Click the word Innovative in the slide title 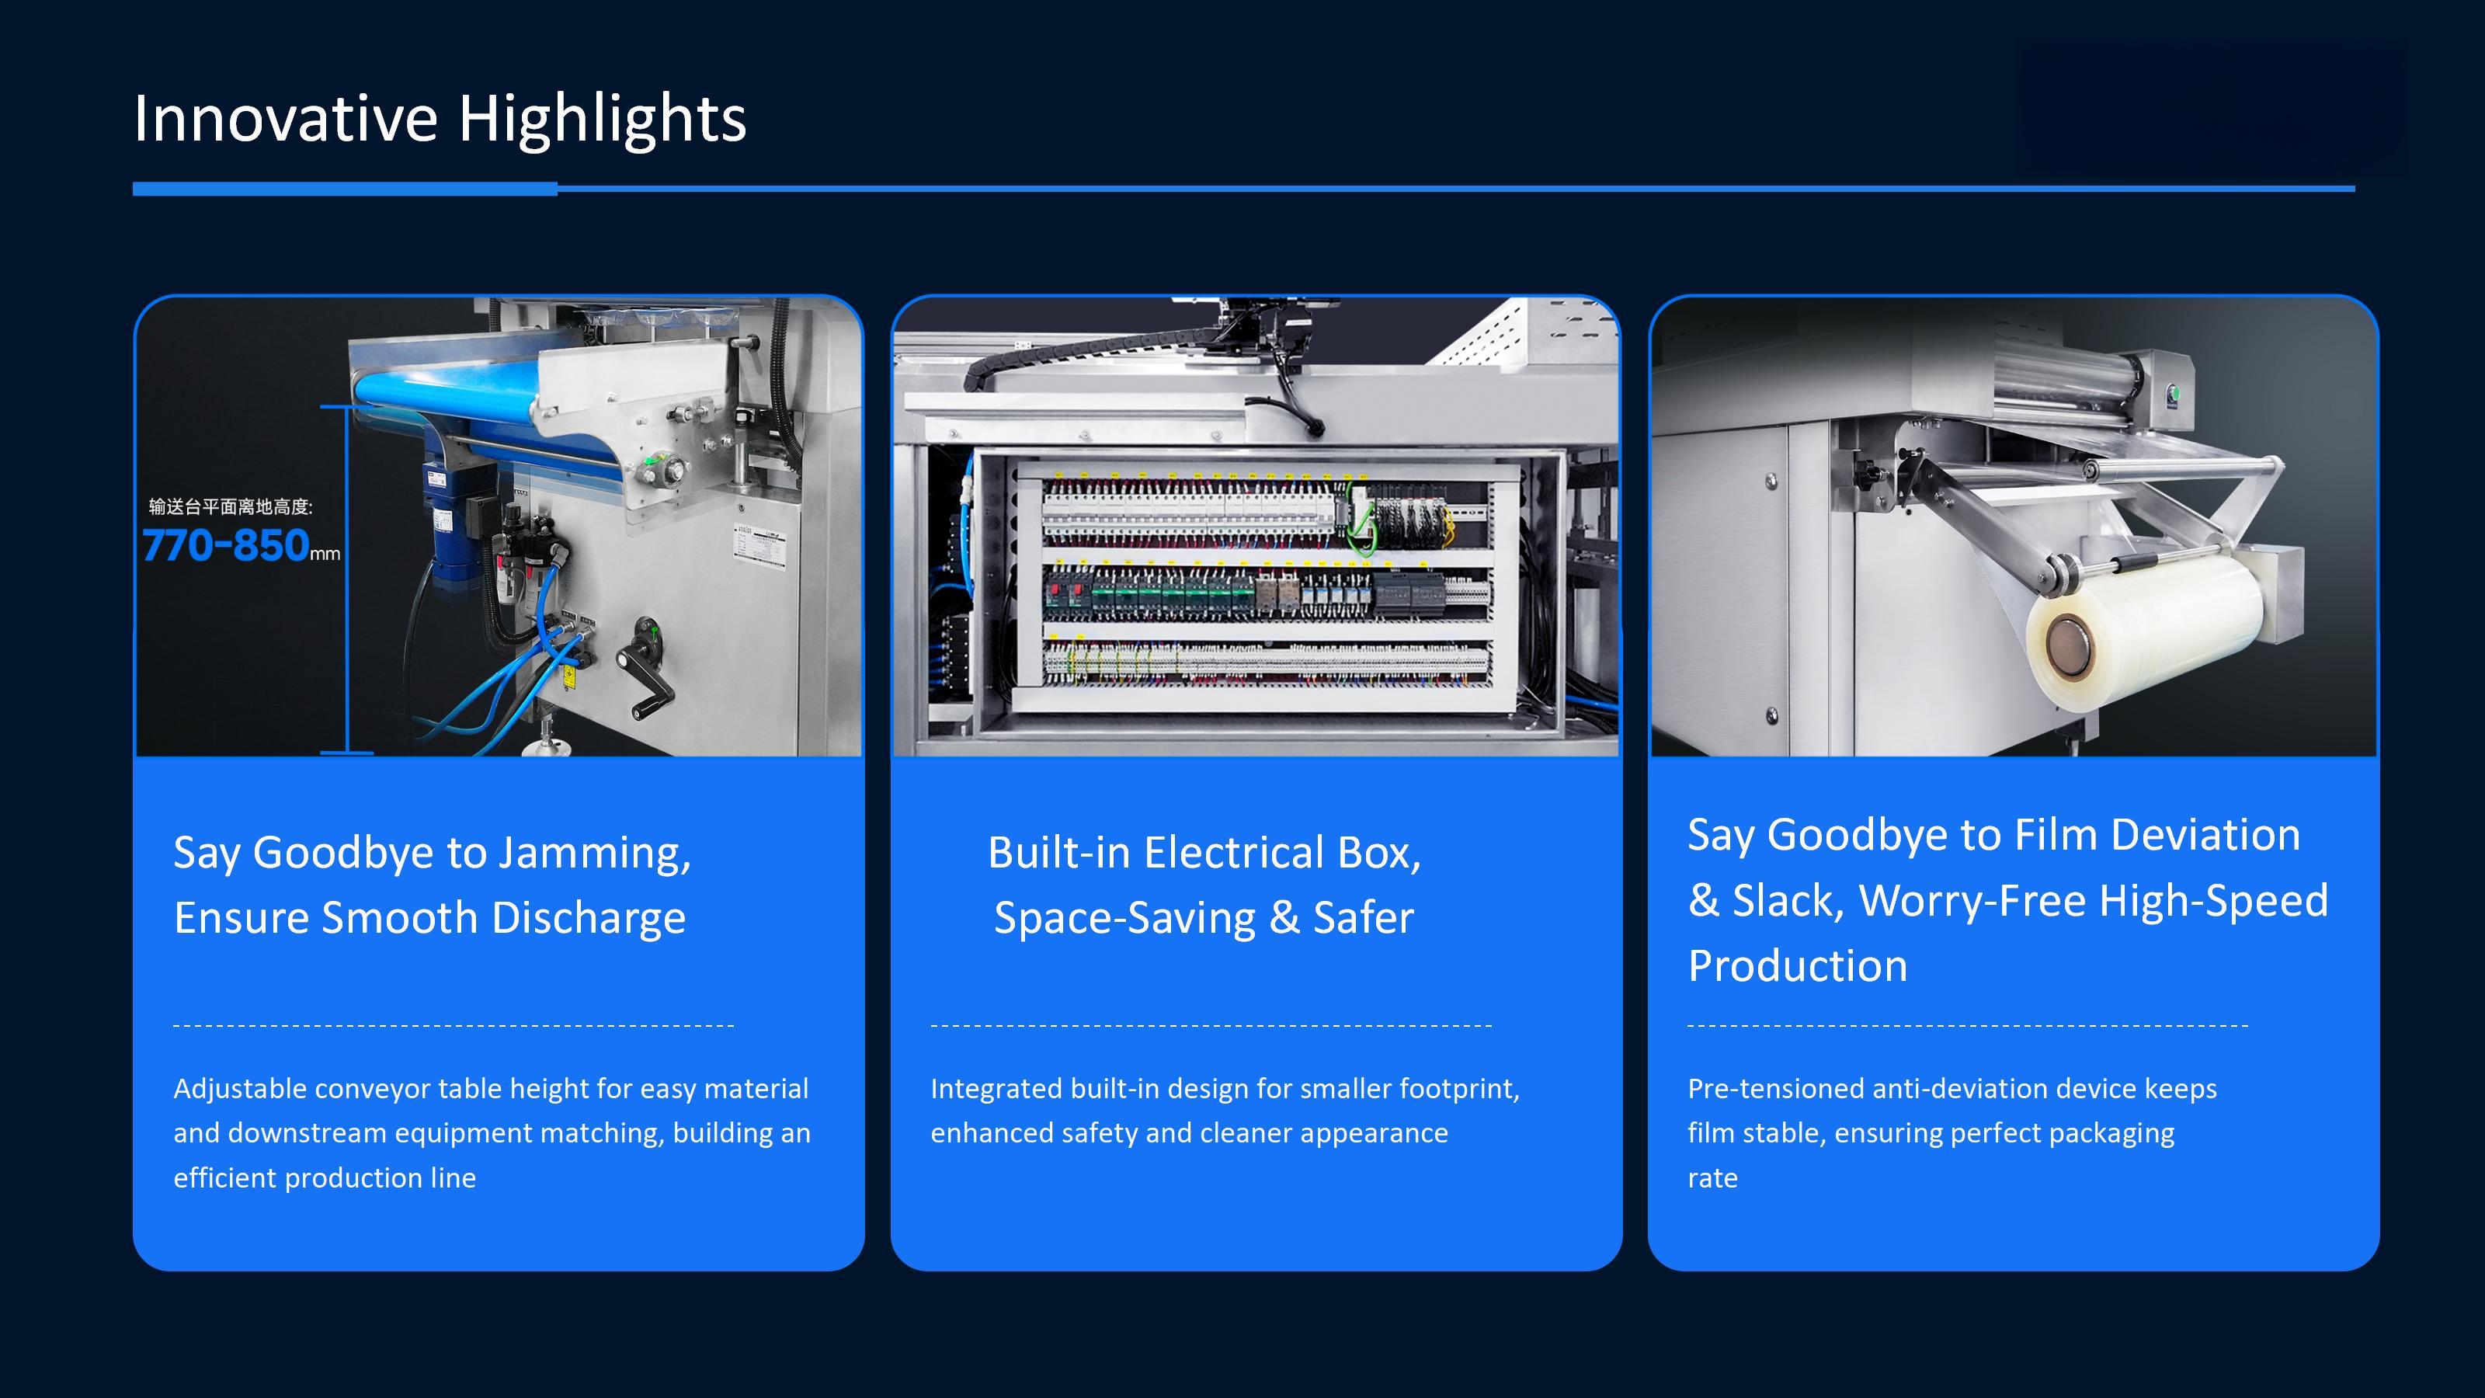click(x=286, y=119)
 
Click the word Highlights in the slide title click(x=602, y=120)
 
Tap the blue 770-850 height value click(x=226, y=546)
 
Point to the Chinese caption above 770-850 click(x=231, y=506)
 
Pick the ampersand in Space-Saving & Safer click(x=1284, y=917)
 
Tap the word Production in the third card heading click(x=1797, y=965)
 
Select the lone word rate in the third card click(x=1712, y=1178)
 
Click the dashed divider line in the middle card click(x=1211, y=1024)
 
